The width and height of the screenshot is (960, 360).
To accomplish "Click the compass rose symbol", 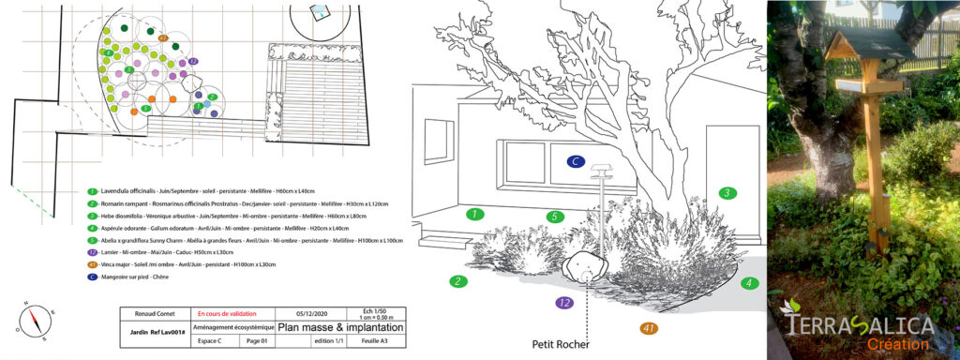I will point(37,320).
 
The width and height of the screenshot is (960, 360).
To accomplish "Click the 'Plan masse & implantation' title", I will point(341,328).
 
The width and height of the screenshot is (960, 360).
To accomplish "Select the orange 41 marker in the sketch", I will point(648,327).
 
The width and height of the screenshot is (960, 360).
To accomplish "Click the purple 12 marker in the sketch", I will point(563,303).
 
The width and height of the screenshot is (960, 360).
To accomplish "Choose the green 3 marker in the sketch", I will point(725,193).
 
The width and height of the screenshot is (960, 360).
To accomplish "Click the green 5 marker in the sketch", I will point(555,217).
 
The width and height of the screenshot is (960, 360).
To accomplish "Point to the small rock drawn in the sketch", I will point(587,266).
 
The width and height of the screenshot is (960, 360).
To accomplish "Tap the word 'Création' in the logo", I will point(898,345).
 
